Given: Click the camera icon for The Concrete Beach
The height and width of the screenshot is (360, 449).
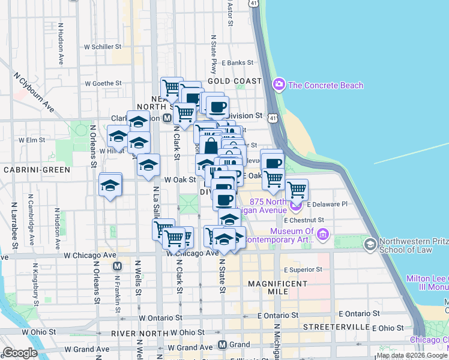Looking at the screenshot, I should click(x=279, y=85).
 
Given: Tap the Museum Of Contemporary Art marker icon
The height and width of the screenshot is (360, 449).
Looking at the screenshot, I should click(x=324, y=233).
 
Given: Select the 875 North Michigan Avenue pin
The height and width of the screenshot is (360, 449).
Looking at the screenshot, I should click(x=296, y=208).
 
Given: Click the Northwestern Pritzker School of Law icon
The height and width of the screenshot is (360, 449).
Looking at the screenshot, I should click(x=370, y=242).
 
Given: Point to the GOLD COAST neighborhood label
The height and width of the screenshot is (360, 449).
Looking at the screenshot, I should click(x=235, y=80).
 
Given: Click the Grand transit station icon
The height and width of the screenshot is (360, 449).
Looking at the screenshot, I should click(x=222, y=345).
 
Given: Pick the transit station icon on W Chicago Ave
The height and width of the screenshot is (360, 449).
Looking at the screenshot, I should click(x=118, y=266).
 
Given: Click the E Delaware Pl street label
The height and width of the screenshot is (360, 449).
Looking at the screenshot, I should click(x=328, y=204).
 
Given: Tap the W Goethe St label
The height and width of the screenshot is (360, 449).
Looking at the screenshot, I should click(x=103, y=83).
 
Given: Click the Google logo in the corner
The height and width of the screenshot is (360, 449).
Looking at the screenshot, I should click(x=20, y=353).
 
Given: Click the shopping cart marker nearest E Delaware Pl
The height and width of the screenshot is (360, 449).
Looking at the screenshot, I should click(x=297, y=190).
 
